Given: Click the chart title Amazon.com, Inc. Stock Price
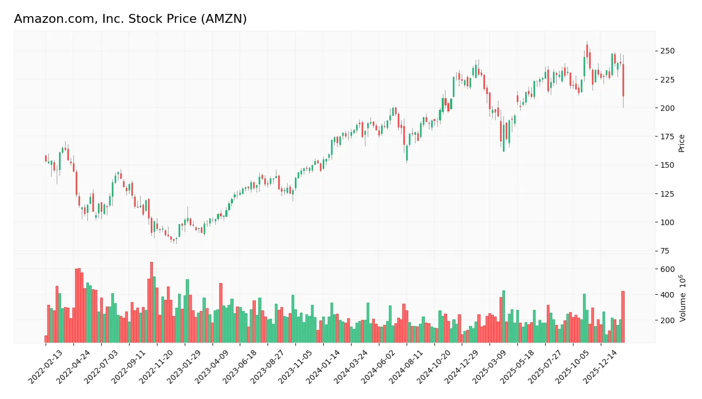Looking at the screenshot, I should point(130,19).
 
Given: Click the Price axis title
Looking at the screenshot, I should point(681,143).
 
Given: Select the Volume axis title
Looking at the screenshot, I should point(683,298).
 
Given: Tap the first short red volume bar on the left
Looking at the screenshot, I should point(46,339).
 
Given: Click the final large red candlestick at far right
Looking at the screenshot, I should point(623,80).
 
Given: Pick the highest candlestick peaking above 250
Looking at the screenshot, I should point(587,50).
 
